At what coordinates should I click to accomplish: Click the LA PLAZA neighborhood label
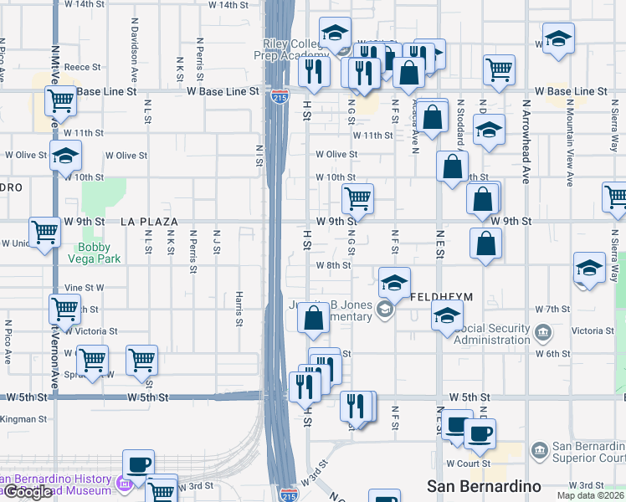(149, 222)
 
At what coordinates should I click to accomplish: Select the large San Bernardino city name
(483, 486)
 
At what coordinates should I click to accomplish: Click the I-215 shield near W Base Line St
(280, 97)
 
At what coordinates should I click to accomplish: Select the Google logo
(27, 492)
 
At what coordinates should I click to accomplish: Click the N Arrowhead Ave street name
(526, 142)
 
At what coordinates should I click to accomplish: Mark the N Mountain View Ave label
(569, 142)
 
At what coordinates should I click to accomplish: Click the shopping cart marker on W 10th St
(357, 198)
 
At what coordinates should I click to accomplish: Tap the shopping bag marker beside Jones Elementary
(313, 317)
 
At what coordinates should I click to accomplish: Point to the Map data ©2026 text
(591, 495)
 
